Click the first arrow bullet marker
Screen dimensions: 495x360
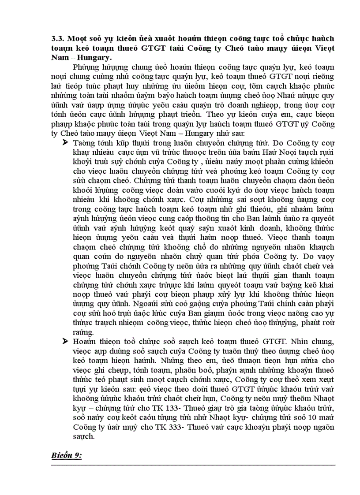click(66, 142)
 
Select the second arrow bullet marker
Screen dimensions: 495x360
click(66, 341)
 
